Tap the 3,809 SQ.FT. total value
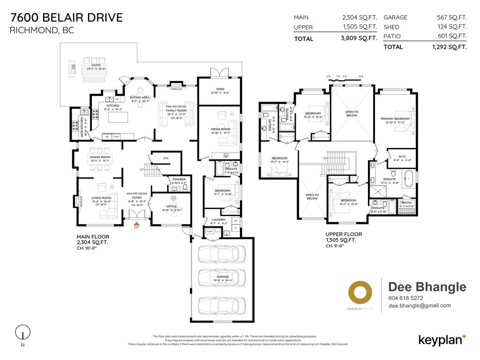click(360, 39)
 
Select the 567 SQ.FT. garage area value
click(451, 17)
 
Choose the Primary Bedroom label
click(395, 119)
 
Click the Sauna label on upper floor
click(406, 202)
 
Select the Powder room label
click(179, 179)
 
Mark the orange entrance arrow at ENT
click(136, 224)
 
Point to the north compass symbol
click(20, 333)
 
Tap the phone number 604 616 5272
click(405, 298)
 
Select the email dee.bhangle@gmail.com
click(420, 306)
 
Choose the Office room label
click(171, 206)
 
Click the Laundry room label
click(218, 219)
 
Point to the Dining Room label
click(100, 157)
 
